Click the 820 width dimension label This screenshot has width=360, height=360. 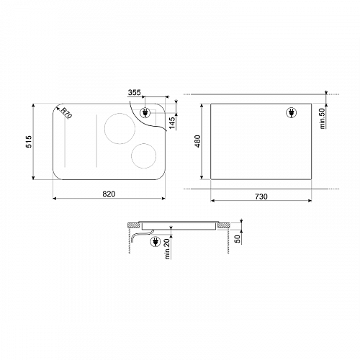coord(109,194)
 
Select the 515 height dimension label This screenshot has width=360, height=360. coord(29,142)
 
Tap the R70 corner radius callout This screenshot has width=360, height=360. coord(66,113)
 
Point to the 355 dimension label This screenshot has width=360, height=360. coord(134,92)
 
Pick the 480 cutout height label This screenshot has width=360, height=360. coord(197,141)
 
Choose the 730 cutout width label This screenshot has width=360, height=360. coord(261,197)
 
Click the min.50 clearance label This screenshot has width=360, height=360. coord(323,118)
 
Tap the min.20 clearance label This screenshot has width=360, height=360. coord(167,249)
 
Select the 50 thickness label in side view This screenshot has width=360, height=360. coord(238,239)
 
